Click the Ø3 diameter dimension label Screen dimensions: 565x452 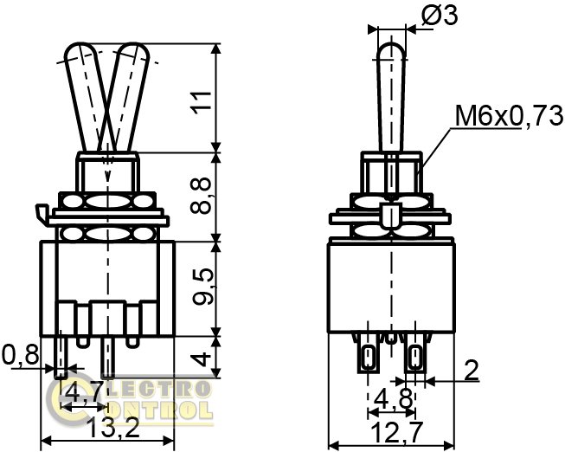(440, 16)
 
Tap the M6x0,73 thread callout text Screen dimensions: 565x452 (509, 116)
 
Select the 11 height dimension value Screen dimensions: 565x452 (202, 103)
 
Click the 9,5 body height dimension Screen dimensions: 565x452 (202, 287)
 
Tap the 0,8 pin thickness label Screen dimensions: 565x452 (20, 355)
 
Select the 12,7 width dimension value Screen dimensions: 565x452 (397, 433)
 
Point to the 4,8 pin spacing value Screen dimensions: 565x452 (393, 399)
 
